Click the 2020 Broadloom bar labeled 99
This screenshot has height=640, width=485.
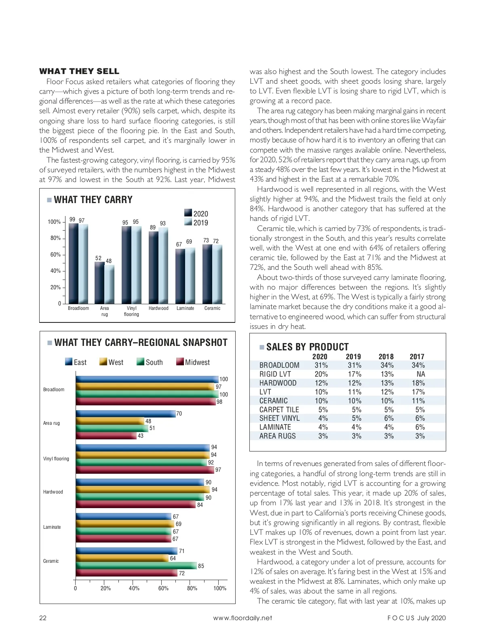point(73,263)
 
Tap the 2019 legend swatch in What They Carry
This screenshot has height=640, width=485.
point(188,223)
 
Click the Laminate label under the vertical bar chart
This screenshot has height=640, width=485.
point(185,308)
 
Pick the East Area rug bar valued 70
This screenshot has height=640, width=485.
point(125,413)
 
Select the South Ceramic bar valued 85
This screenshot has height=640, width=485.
point(136,566)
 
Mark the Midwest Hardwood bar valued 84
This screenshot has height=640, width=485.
point(135,504)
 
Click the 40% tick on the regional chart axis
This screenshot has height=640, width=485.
point(134,588)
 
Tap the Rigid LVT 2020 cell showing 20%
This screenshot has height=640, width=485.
point(321,374)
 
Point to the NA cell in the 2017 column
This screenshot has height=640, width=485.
point(420,374)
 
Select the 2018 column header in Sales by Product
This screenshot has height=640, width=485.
point(386,356)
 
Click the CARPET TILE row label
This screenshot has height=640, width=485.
point(279,410)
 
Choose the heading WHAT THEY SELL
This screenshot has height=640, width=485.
point(79,72)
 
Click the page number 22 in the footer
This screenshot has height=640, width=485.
point(43,618)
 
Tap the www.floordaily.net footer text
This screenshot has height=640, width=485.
point(242,618)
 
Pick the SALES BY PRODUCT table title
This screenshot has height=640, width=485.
point(307,347)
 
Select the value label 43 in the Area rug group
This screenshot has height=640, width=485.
point(141,436)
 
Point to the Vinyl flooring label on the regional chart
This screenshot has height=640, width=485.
point(56,459)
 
